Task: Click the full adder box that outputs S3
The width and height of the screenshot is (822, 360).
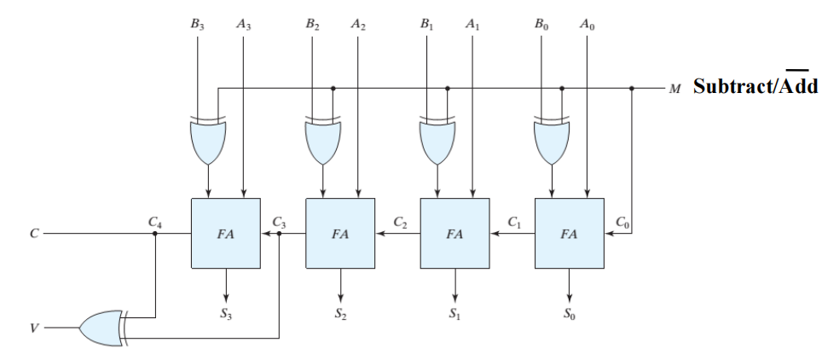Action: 226,233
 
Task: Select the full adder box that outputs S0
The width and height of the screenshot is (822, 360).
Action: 569,233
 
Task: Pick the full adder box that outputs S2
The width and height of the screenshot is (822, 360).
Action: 339,233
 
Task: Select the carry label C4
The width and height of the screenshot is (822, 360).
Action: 153,222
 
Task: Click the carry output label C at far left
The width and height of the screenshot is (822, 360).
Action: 33,233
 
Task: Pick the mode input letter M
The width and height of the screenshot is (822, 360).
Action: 675,88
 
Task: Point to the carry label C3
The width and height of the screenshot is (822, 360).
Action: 278,222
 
